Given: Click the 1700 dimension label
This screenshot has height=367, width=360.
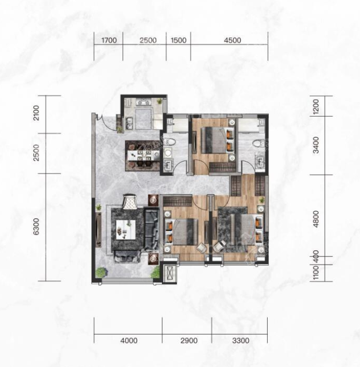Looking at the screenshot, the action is (x=109, y=40).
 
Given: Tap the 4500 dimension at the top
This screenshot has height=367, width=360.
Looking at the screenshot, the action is (x=232, y=40).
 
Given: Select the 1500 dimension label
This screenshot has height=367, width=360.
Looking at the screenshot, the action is (x=178, y=40).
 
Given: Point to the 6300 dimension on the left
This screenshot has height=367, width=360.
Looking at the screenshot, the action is (x=36, y=226).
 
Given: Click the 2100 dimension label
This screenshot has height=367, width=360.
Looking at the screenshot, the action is (x=36, y=113).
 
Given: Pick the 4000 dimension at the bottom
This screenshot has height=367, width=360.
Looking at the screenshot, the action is (x=129, y=340).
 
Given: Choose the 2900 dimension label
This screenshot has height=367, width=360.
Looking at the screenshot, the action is (x=189, y=340).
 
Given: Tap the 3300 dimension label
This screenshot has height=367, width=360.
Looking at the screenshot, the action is (x=240, y=340).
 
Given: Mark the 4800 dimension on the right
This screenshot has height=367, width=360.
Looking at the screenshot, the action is (x=316, y=219).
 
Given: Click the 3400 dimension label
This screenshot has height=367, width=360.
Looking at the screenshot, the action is (x=316, y=145).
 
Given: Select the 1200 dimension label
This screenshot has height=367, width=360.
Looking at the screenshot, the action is (x=316, y=107).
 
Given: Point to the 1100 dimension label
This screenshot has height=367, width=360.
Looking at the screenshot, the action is (x=316, y=273).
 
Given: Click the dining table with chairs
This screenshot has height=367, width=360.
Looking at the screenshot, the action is (x=142, y=156).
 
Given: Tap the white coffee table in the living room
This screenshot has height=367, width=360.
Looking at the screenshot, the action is (x=126, y=229).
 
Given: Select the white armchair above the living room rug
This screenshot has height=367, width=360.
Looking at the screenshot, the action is (x=129, y=201).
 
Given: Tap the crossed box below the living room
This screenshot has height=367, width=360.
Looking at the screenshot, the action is (x=169, y=273).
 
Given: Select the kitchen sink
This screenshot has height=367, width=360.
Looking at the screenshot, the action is (x=129, y=123).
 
